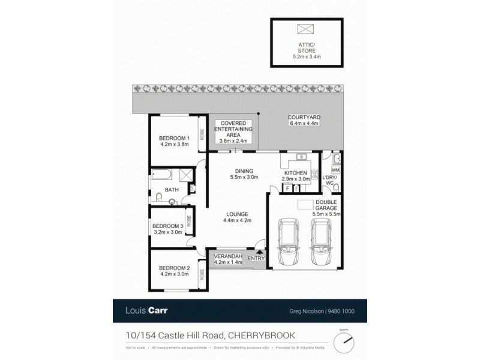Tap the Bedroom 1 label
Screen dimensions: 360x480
175,140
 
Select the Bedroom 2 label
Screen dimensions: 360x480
175,271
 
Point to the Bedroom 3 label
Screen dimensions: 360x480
169,229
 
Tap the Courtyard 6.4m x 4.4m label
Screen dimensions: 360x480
302,120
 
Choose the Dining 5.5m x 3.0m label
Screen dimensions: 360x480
244,174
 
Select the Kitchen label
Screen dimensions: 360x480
296,176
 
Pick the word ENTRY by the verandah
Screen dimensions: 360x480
256,259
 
